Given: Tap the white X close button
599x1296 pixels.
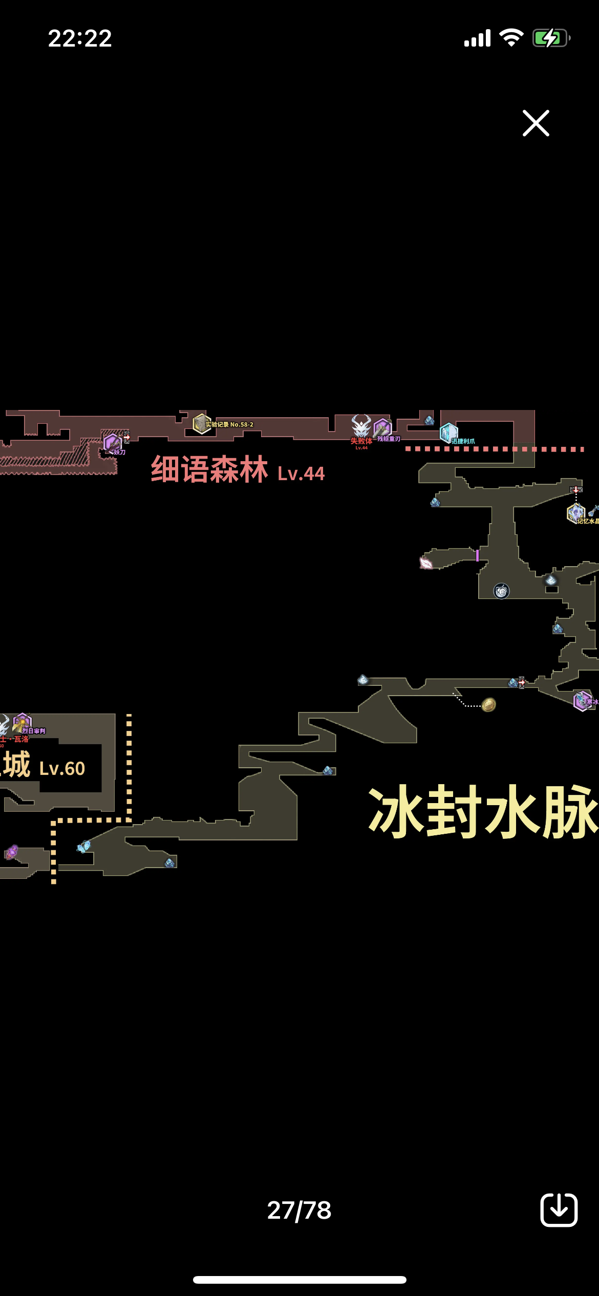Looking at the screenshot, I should pyautogui.click(x=536, y=123).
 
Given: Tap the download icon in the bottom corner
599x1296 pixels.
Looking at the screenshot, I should pyautogui.click(x=559, y=1210).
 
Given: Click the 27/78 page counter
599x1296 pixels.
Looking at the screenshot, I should pyautogui.click(x=299, y=1211).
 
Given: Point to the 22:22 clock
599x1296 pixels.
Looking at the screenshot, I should pyautogui.click(x=80, y=38).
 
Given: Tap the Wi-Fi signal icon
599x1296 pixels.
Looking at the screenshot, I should pyautogui.click(x=511, y=38).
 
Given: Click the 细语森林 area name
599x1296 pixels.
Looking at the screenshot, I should pyautogui.click(x=209, y=469).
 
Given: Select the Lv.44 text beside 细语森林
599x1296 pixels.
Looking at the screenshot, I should pyautogui.click(x=301, y=474).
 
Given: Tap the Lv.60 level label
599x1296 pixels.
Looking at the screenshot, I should pyautogui.click(x=62, y=769).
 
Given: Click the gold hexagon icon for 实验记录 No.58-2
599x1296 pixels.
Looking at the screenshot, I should pyautogui.click(x=202, y=424).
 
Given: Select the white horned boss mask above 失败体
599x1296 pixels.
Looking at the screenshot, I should pyautogui.click(x=361, y=426).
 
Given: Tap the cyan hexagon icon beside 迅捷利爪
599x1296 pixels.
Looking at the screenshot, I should pyautogui.click(x=448, y=433).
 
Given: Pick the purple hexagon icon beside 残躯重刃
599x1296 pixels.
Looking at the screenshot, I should pyautogui.click(x=382, y=428).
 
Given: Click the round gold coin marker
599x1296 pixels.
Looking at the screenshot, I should pyautogui.click(x=489, y=705).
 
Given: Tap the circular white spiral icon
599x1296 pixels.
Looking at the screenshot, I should pyautogui.click(x=501, y=591).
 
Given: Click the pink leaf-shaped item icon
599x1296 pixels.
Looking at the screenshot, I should pyautogui.click(x=426, y=563).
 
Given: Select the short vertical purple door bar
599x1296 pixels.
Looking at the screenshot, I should pyautogui.click(x=477, y=555).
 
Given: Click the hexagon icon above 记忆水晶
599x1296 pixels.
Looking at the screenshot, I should pyautogui.click(x=575, y=512).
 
